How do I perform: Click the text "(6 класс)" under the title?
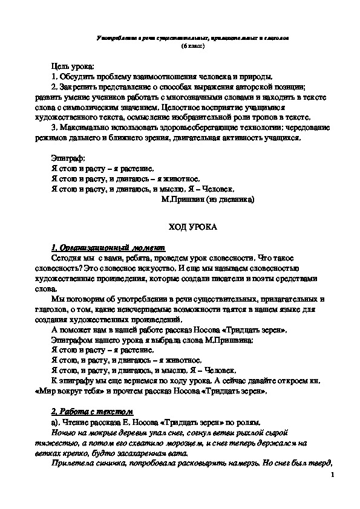(x=193, y=46)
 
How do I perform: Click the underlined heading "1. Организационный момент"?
(x=105, y=248)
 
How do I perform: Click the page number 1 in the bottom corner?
(x=333, y=476)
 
